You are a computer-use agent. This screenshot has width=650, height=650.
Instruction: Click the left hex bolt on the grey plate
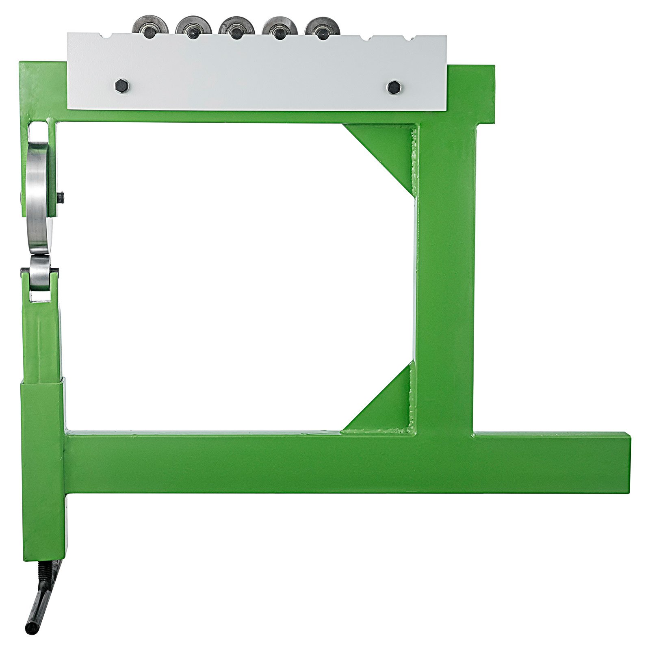coord(121,86)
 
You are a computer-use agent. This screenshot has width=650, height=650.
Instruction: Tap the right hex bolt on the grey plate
coord(392,87)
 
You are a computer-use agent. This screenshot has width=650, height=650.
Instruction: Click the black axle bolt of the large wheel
coord(61,198)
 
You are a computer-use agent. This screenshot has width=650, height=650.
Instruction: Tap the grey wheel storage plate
coord(256,73)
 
